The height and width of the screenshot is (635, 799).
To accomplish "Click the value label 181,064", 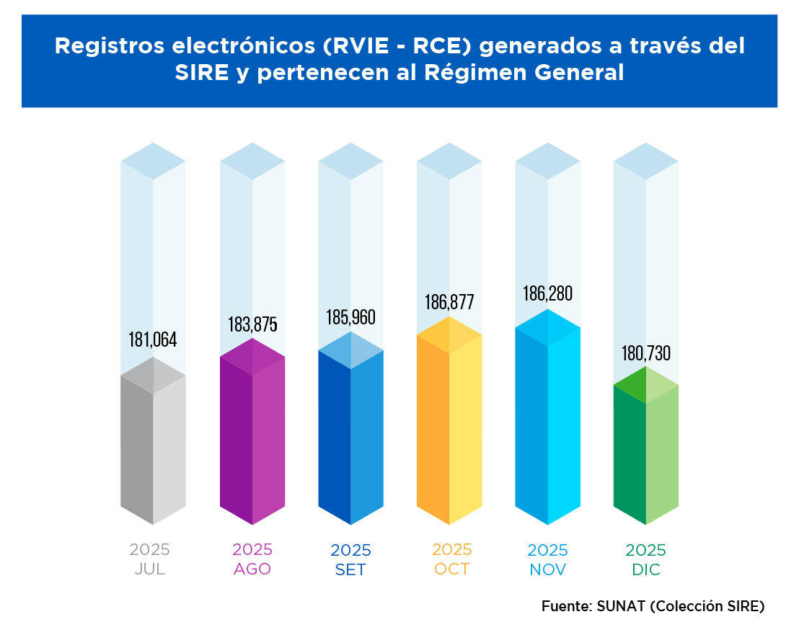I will click(153, 339).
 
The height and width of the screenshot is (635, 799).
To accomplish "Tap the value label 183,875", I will click(252, 324).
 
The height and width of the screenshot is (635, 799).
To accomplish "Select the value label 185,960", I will click(351, 317).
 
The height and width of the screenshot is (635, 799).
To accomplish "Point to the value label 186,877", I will click(449, 302).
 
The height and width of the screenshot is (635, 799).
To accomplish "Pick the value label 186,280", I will click(548, 294).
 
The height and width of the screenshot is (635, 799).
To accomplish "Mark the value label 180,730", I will click(646, 354).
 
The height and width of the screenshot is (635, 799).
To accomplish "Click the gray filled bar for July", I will click(153, 447).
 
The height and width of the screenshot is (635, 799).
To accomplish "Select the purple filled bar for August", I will click(252, 436).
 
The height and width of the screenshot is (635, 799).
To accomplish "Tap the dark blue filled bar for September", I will click(351, 432).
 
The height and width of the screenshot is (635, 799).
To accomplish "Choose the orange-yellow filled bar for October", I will click(449, 425).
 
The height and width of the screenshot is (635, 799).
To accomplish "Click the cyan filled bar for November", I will click(548, 422).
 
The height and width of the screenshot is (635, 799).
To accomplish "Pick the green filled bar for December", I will click(646, 450).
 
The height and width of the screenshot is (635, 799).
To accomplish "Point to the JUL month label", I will click(150, 569).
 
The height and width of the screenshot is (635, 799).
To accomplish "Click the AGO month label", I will click(252, 569).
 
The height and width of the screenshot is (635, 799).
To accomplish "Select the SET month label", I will click(350, 570).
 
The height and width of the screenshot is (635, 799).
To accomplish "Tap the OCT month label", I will click(452, 569).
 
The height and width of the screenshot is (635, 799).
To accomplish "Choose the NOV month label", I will click(547, 570).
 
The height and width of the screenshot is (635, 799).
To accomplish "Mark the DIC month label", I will click(645, 570).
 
